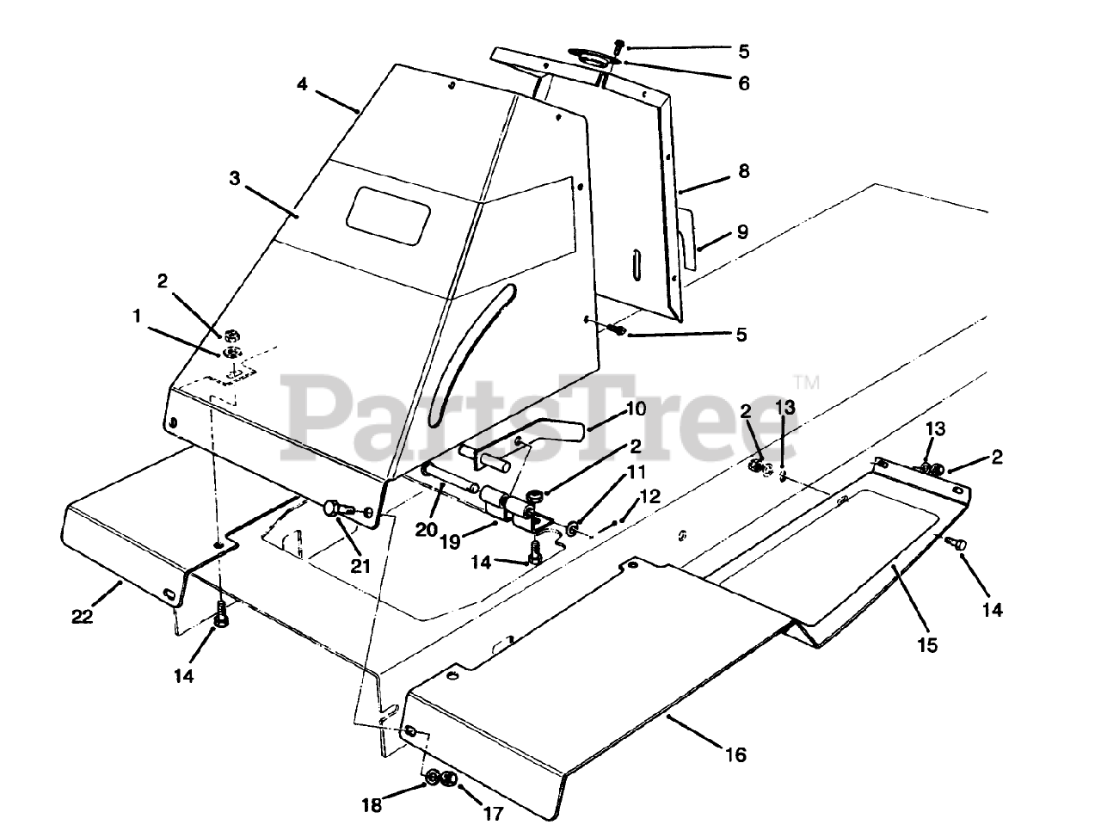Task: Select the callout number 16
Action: pyautogui.click(x=734, y=755)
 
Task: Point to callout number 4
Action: pyautogui.click(x=301, y=84)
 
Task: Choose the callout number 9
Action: pyautogui.click(x=741, y=232)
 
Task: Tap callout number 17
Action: pyautogui.click(x=492, y=813)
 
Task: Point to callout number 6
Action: pyautogui.click(x=743, y=83)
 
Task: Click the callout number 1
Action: pyautogui.click(x=136, y=316)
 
